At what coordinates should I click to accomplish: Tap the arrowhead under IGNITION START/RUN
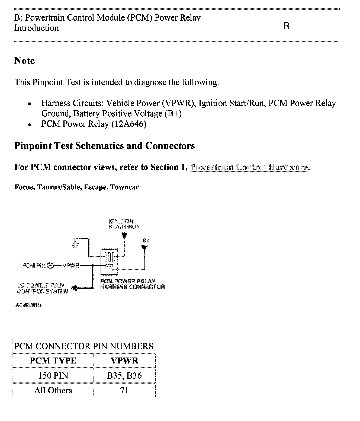[x=124, y=235]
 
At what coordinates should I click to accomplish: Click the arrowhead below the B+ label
[x=145, y=248]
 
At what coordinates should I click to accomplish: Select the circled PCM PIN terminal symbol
[x=51, y=265]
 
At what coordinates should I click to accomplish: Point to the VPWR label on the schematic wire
[x=71, y=266]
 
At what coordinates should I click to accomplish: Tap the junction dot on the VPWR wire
[x=93, y=266]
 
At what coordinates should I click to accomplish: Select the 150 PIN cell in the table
[x=53, y=375]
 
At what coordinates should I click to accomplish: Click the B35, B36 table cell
[x=124, y=375]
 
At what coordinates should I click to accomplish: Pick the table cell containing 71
[x=124, y=390]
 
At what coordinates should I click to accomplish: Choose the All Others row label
[x=53, y=390]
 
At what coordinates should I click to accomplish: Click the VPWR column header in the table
[x=124, y=361]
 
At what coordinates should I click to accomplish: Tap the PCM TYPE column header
[x=53, y=361]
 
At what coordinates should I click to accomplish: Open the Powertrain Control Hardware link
[x=249, y=167]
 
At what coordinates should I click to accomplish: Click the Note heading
[x=24, y=61]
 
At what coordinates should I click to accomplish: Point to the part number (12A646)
[x=129, y=124]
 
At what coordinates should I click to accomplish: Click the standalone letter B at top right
[x=286, y=26]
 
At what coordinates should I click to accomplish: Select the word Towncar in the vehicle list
[x=125, y=187]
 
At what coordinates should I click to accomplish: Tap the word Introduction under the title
[x=36, y=28]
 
